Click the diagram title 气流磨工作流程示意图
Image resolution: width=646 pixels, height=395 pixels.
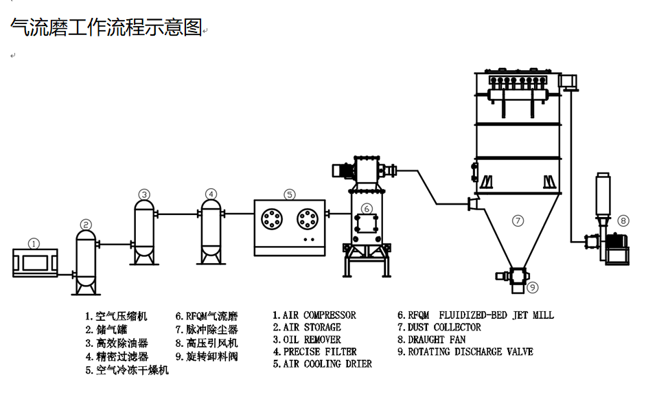106,27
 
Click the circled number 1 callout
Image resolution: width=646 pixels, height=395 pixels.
34,243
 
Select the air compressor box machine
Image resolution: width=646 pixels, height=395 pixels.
35,264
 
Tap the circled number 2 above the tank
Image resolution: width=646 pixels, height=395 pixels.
86,224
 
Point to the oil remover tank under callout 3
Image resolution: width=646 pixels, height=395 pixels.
144,230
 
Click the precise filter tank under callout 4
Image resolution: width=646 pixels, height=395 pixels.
211,230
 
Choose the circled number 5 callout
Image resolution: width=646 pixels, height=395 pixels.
290,194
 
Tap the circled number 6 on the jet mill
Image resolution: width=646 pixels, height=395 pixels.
367,208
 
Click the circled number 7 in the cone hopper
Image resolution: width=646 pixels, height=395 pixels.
518,221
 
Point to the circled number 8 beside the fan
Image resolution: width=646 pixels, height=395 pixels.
623,221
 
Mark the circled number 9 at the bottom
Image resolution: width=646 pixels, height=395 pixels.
533,287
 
